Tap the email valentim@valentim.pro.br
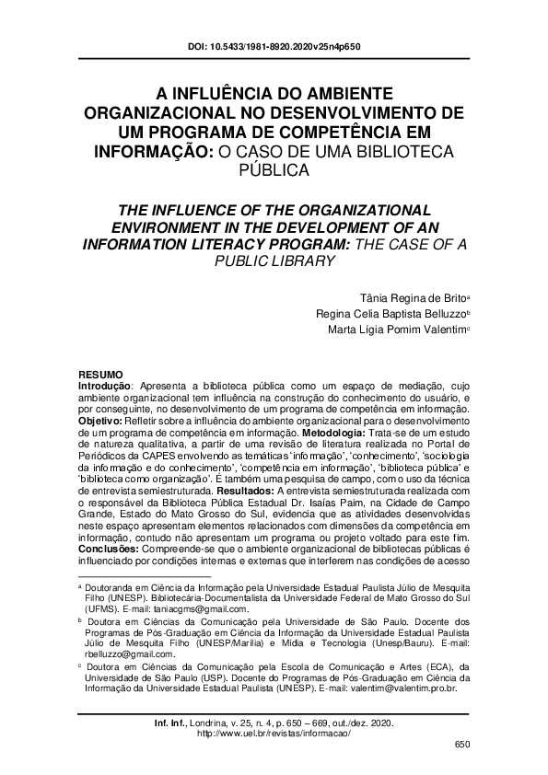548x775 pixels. pos(405,688)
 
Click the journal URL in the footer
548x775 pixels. pos(274,734)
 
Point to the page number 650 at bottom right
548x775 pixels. pos(462,745)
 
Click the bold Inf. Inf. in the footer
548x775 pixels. pos(165,723)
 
